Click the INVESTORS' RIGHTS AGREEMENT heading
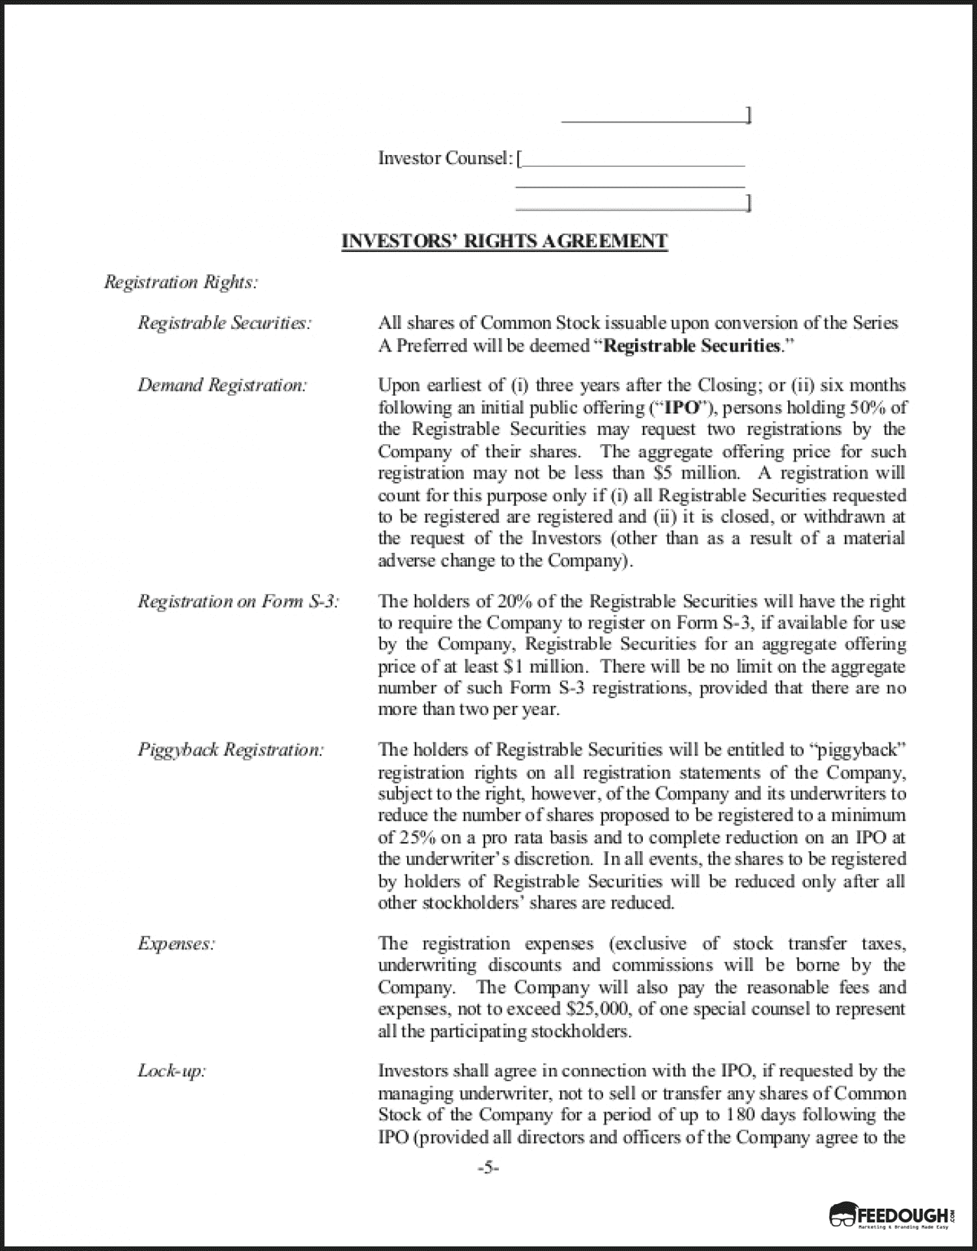coord(505,241)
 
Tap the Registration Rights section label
coord(181,282)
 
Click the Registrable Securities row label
coord(224,323)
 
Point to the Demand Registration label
coord(222,386)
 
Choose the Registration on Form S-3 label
coord(238,601)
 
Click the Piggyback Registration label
coord(231,750)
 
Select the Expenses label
coord(176,944)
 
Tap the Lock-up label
coord(171,1071)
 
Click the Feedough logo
coord(892,1215)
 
